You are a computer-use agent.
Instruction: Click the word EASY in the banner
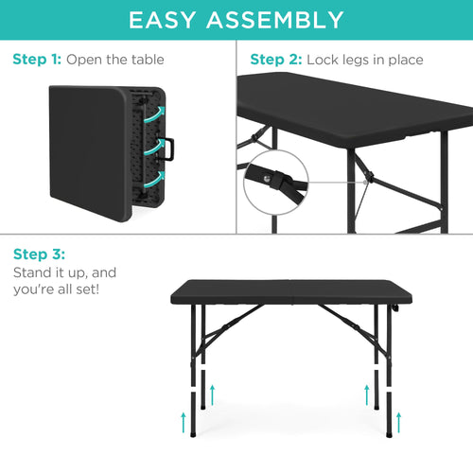169,20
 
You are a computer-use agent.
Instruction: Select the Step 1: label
38,60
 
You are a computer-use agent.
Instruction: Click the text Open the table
115,60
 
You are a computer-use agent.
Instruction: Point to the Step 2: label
277,60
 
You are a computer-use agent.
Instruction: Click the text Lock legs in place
364,60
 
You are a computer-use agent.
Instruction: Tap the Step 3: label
40,254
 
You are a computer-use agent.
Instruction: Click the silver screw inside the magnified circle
275,174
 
